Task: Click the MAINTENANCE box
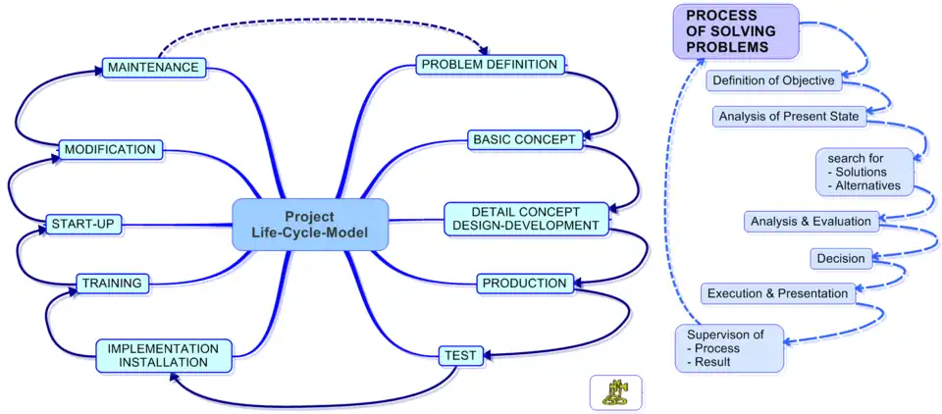pyautogui.click(x=154, y=68)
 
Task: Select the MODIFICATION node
pyautogui.click(x=109, y=149)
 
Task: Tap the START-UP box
pyautogui.click(x=83, y=225)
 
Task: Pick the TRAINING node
pyautogui.click(x=113, y=284)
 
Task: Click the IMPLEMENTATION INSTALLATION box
pyautogui.click(x=164, y=355)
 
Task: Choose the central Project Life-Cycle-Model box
pyautogui.click(x=309, y=224)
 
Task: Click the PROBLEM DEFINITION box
pyautogui.click(x=490, y=65)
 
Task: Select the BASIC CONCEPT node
pyautogui.click(x=524, y=139)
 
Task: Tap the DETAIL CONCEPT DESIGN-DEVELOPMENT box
pyautogui.click(x=525, y=218)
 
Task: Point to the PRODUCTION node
pyautogui.click(x=524, y=284)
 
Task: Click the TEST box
pyautogui.click(x=460, y=354)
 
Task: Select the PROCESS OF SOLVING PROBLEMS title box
pyautogui.click(x=736, y=31)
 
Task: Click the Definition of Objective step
pyautogui.click(x=773, y=80)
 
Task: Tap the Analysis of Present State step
pyautogui.click(x=789, y=116)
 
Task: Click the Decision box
pyautogui.click(x=841, y=259)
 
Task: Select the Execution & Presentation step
pyautogui.click(x=777, y=292)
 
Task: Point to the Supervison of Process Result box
pyautogui.click(x=729, y=348)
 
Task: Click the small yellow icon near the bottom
pyautogui.click(x=615, y=392)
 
